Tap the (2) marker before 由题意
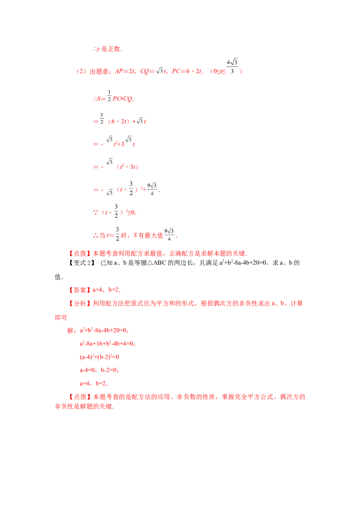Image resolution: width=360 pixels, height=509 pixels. (x=81, y=71)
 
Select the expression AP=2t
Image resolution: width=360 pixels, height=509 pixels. (x=125, y=71)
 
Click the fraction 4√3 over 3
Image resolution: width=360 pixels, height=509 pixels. (x=232, y=67)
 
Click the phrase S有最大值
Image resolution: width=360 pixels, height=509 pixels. (x=148, y=235)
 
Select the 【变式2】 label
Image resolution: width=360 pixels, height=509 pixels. (x=81, y=263)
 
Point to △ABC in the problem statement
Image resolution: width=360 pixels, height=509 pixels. (x=157, y=263)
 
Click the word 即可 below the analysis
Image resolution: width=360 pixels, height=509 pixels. (x=61, y=317)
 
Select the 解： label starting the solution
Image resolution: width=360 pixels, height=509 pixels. (x=72, y=330)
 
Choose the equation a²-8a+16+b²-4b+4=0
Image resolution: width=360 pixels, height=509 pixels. (x=107, y=344)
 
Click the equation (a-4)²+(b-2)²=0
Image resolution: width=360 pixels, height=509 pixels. (x=99, y=357)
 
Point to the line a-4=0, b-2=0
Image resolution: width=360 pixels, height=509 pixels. (x=99, y=370)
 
